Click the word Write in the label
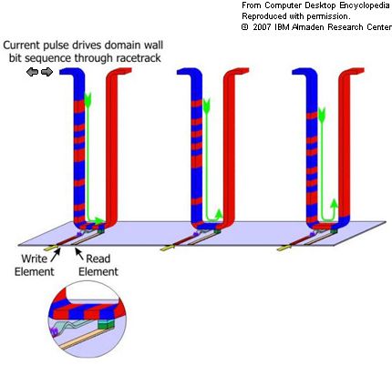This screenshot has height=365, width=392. click(35, 259)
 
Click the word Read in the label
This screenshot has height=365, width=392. click(98, 259)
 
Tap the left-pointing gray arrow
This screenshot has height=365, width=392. click(32, 72)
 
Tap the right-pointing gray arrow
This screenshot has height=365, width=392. click(46, 72)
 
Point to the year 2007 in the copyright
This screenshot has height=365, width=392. click(262, 27)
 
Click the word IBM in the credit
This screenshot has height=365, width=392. click(282, 27)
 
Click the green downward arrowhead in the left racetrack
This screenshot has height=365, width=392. click(88, 100)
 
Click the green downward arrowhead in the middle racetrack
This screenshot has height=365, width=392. click(207, 106)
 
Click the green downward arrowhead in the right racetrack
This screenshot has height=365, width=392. click(322, 115)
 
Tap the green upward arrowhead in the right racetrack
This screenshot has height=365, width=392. click(334, 205)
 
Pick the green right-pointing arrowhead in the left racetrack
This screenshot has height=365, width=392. click(98, 220)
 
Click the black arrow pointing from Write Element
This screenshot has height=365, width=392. click(56, 255)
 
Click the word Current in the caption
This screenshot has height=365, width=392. click(21, 46)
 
